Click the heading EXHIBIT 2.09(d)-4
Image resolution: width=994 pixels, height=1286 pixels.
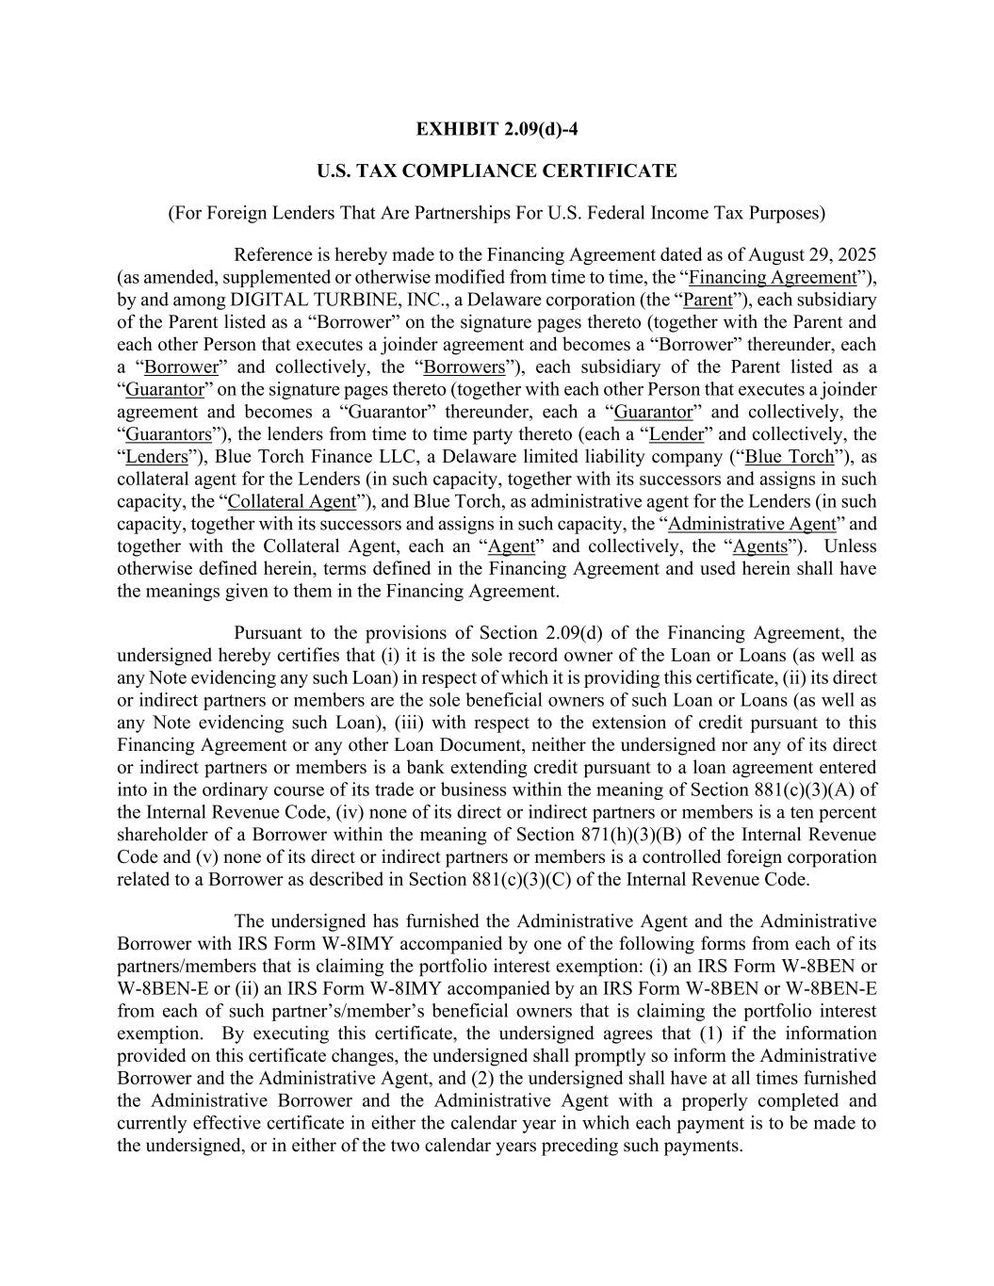(497, 129)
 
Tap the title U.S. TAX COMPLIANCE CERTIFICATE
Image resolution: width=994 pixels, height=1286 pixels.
(497, 171)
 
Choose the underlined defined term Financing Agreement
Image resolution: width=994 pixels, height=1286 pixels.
(772, 278)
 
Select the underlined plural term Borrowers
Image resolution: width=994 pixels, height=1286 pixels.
(464, 367)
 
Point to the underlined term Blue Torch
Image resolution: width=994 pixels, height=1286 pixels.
(790, 458)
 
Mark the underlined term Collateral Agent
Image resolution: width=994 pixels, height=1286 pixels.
(292, 502)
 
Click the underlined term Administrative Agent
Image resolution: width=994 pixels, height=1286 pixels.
(751, 525)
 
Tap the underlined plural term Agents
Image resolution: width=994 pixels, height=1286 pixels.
(759, 547)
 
